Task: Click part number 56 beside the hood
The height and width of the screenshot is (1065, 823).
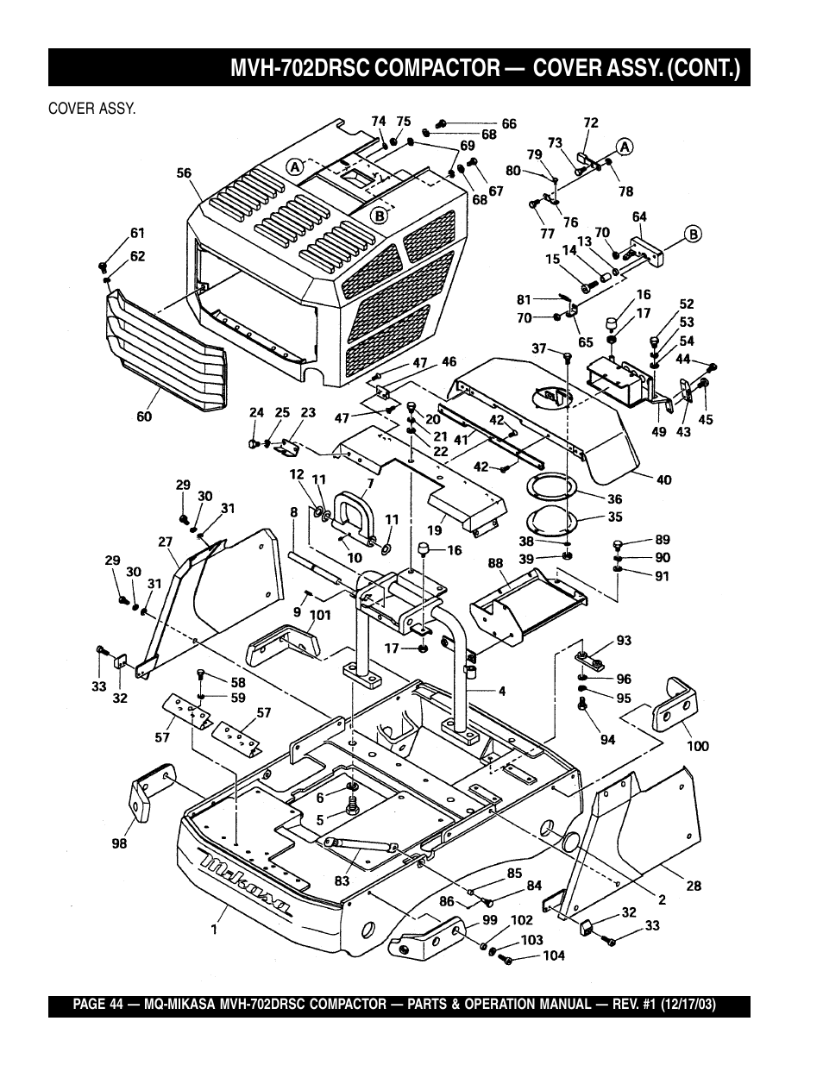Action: [x=185, y=173]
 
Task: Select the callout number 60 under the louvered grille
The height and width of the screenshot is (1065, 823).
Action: [x=144, y=417]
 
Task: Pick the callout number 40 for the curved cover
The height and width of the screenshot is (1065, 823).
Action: [x=664, y=479]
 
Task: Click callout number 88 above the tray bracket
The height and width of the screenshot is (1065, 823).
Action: [x=495, y=563]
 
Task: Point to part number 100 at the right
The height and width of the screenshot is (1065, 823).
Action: [x=697, y=745]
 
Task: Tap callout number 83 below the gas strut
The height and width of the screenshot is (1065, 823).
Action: [x=342, y=881]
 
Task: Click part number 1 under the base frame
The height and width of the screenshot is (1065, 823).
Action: [x=213, y=930]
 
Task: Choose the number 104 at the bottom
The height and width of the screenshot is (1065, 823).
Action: [x=554, y=956]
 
